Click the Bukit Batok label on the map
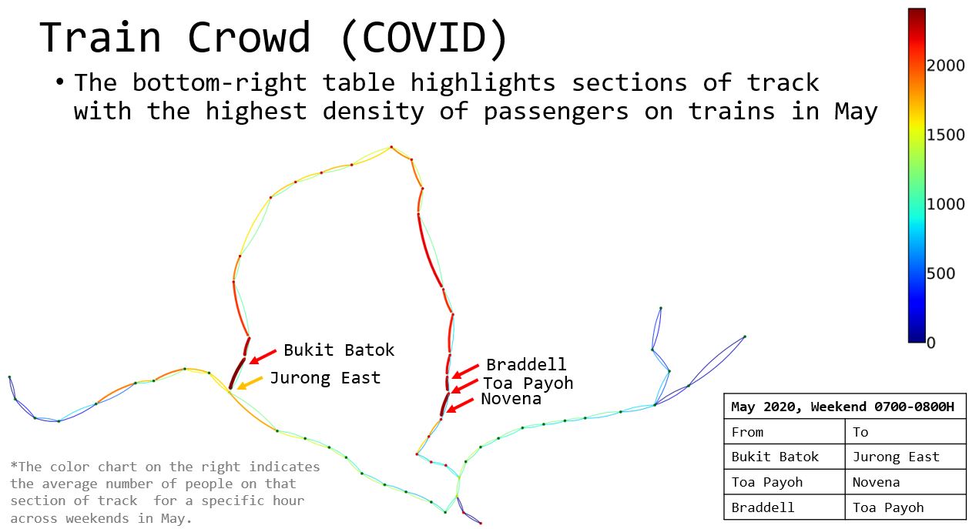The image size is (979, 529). click(339, 350)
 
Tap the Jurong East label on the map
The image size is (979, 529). click(325, 378)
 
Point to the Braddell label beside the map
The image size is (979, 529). click(526, 364)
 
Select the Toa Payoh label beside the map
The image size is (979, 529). click(528, 383)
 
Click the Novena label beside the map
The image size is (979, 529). click(511, 399)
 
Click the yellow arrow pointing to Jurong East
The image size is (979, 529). click(250, 383)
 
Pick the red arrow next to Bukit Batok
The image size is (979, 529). click(263, 357)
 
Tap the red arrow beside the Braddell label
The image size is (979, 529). click(465, 371)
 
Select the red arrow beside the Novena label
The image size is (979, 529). click(460, 405)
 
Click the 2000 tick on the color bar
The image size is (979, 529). click(945, 65)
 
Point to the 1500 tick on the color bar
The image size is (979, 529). click(945, 135)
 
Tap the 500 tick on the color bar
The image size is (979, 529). click(940, 273)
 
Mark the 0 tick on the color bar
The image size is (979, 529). click(931, 343)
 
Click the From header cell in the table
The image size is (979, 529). click(784, 432)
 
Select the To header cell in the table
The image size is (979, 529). click(905, 432)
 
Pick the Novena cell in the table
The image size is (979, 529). click(905, 482)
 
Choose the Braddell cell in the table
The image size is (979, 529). click(784, 507)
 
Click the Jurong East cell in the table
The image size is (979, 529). click(905, 457)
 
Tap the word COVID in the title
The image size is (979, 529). click(424, 38)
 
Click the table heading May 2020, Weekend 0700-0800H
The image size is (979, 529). click(843, 407)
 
